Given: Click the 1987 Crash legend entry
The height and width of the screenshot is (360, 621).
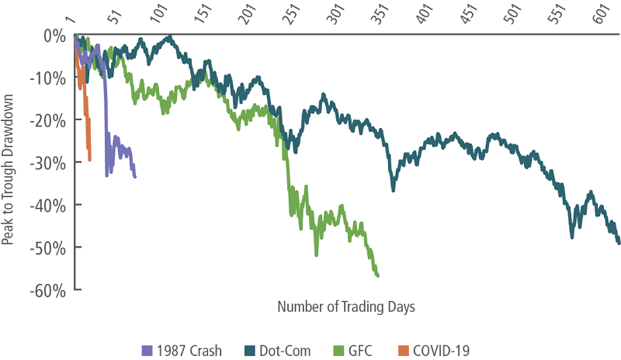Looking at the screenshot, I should pyautogui.click(x=189, y=350).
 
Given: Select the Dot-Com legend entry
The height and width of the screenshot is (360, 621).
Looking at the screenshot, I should pyautogui.click(x=279, y=350).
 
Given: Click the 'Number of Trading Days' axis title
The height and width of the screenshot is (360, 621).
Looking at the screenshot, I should pyautogui.click(x=346, y=306).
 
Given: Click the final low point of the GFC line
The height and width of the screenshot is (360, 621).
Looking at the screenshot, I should pyautogui.click(x=377, y=275).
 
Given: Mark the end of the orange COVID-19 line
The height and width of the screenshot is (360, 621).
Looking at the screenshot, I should pyautogui.click(x=90, y=160).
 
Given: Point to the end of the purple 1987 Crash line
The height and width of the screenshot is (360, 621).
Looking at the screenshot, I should pyautogui.click(x=135, y=177).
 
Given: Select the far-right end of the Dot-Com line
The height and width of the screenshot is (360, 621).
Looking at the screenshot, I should pyautogui.click(x=619, y=244).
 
